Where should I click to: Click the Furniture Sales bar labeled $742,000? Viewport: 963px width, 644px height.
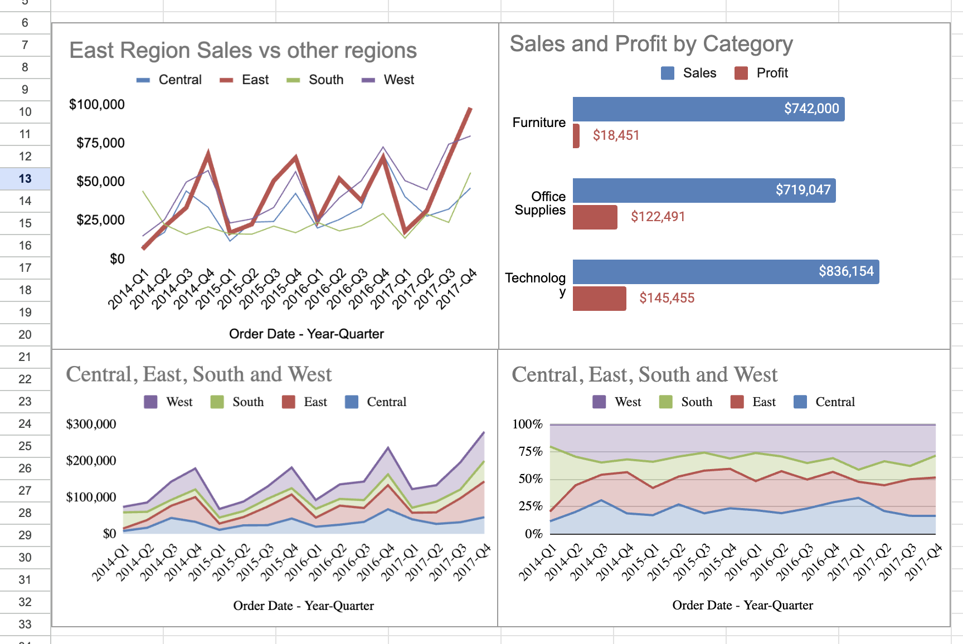click(x=708, y=109)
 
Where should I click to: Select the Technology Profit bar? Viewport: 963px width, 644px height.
click(x=599, y=299)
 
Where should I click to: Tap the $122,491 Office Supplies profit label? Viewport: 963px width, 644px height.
click(x=658, y=217)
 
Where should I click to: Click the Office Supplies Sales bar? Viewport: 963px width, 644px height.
click(x=703, y=191)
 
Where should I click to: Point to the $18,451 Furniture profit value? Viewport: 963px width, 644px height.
click(x=616, y=135)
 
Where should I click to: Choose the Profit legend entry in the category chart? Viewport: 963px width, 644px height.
click(x=761, y=73)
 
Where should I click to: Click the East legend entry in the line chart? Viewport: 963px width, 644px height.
click(x=245, y=80)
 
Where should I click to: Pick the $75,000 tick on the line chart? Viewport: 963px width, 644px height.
click(x=100, y=143)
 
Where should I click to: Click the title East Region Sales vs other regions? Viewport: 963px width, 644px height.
click(x=242, y=51)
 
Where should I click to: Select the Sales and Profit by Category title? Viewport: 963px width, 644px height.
click(x=651, y=44)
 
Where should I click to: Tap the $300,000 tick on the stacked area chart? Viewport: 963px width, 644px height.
click(x=91, y=425)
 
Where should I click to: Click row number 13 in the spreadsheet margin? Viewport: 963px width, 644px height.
click(x=25, y=179)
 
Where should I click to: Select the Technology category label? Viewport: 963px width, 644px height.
click(x=536, y=284)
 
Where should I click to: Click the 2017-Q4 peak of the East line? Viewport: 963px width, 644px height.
click(x=470, y=109)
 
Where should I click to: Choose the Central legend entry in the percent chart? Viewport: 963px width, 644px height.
click(x=824, y=402)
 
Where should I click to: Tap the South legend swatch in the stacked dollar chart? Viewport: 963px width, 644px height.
click(x=217, y=402)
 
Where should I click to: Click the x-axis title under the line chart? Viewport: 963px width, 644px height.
click(x=306, y=334)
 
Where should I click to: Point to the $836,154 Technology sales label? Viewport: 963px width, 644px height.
click(x=845, y=272)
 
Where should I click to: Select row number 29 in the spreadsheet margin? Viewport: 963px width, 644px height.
click(x=25, y=535)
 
